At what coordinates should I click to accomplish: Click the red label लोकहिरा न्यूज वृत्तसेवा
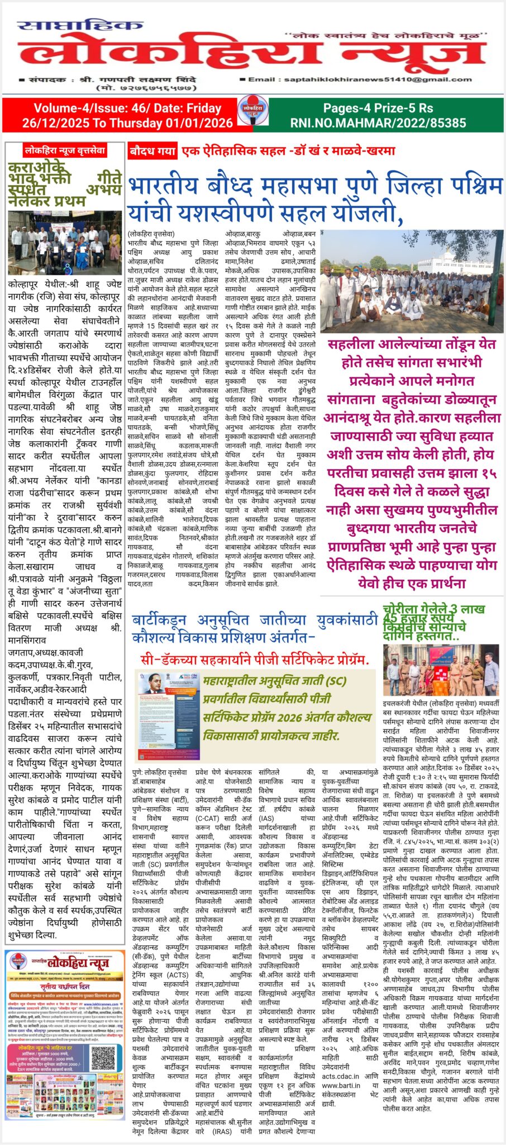click(x=65, y=150)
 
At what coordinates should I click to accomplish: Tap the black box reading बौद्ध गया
click(x=152, y=151)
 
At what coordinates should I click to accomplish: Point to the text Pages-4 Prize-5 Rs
click(x=378, y=108)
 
